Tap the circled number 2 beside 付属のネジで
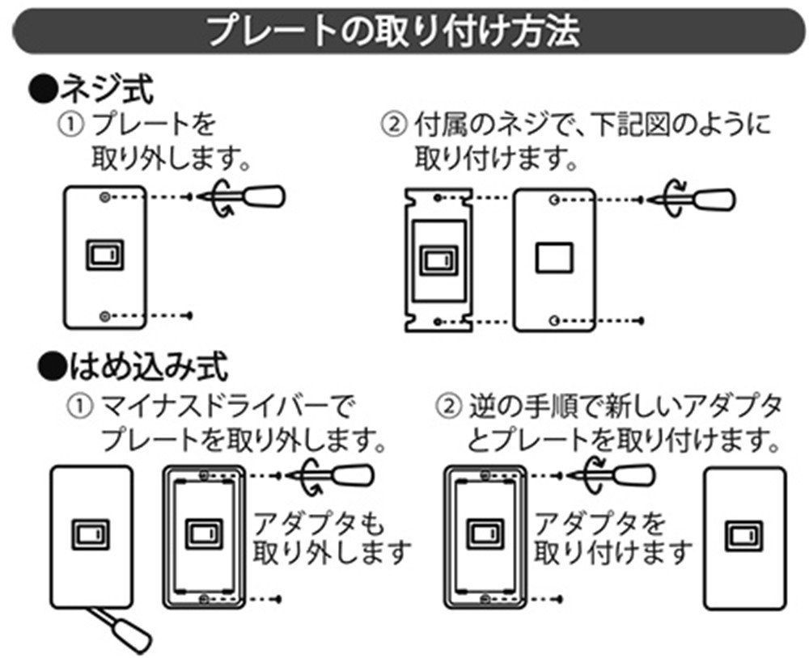tap(393, 126)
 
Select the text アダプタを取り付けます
tap(613, 538)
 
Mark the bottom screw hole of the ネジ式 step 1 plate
tap(104, 315)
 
